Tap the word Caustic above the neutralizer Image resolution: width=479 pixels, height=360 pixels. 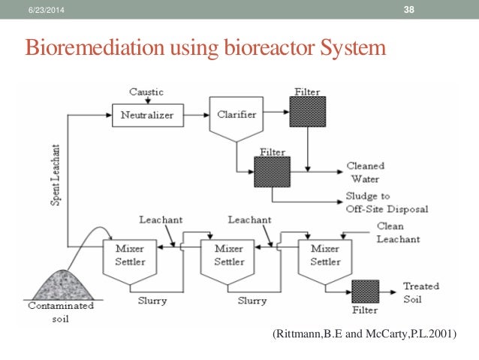(x=146, y=92)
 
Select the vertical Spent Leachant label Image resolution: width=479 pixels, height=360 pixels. (x=56, y=177)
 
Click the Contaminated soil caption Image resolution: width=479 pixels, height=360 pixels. (x=61, y=310)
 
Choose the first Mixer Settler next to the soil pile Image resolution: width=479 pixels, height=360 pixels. (x=124, y=256)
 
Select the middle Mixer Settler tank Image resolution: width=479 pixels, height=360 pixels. (x=229, y=256)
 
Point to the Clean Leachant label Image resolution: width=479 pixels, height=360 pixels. (x=397, y=232)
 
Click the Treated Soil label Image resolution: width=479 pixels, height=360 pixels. (x=421, y=292)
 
